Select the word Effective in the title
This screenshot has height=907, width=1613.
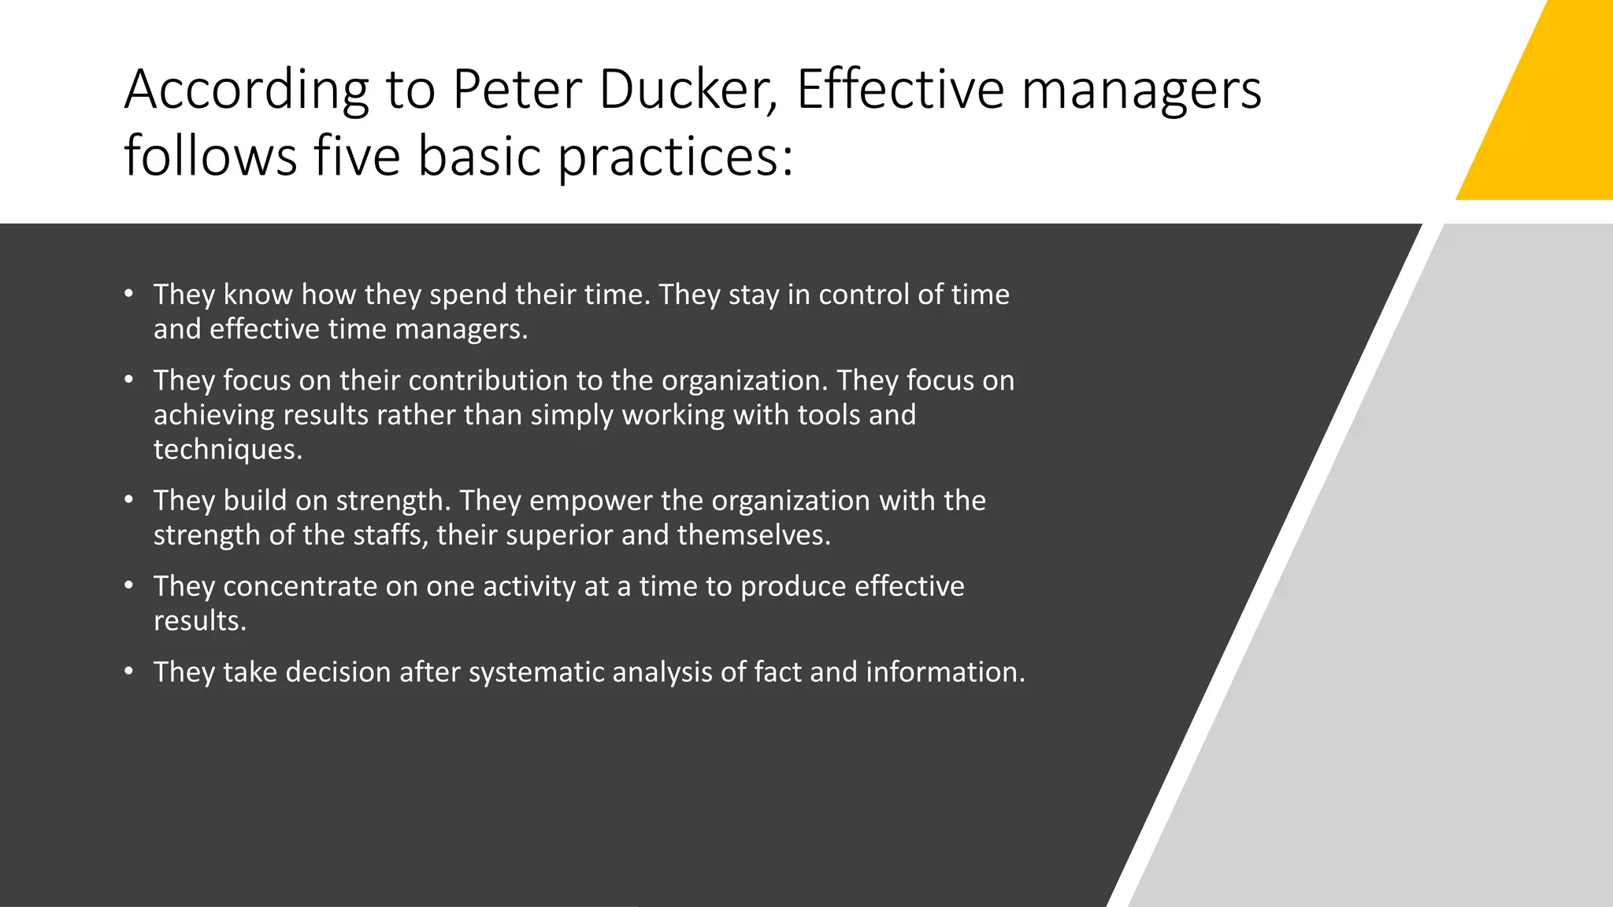click(899, 89)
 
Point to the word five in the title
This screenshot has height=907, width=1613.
click(357, 155)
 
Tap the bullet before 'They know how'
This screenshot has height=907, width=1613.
click(128, 294)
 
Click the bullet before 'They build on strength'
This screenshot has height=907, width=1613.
click(128, 500)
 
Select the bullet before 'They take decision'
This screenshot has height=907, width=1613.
click(128, 672)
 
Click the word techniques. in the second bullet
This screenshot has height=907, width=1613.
click(228, 449)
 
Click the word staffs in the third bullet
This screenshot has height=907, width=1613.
click(390, 535)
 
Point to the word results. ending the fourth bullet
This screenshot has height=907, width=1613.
click(200, 620)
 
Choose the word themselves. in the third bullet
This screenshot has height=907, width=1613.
click(754, 535)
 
